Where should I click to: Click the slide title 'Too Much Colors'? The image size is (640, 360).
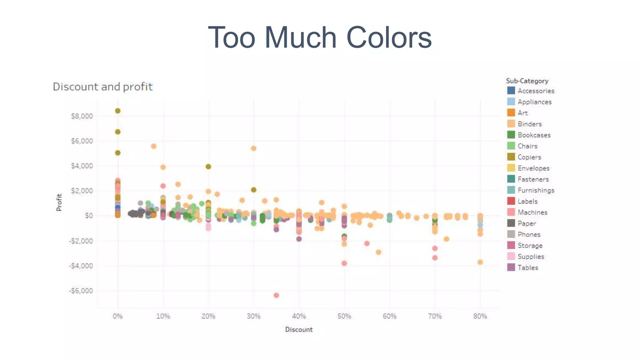(320, 37)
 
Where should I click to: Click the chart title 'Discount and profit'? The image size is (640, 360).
(102, 87)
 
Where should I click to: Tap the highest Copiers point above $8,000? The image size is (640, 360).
(118, 111)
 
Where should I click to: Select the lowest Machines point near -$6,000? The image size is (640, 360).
(276, 295)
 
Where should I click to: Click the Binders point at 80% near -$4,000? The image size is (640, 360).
(480, 262)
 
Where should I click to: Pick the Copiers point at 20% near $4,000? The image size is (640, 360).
(208, 167)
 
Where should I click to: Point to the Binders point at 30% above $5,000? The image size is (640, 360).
(254, 148)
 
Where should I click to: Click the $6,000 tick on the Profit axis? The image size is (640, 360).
(82, 141)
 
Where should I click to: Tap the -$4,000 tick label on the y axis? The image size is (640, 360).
(81, 266)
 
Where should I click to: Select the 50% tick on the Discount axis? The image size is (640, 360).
(344, 316)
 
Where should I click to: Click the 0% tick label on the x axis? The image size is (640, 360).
(118, 316)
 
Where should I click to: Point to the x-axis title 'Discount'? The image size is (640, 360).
(299, 329)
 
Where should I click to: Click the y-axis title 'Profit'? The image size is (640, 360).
(59, 202)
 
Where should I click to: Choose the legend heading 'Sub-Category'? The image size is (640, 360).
(527, 81)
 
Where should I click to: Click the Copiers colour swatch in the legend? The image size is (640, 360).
(511, 157)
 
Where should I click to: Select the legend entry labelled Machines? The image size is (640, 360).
(532, 212)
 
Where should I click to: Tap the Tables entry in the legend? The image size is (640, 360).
(528, 268)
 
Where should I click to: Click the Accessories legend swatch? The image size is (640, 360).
(511, 91)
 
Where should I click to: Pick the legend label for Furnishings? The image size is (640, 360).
(536, 190)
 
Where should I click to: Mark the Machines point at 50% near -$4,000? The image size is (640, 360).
(344, 263)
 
